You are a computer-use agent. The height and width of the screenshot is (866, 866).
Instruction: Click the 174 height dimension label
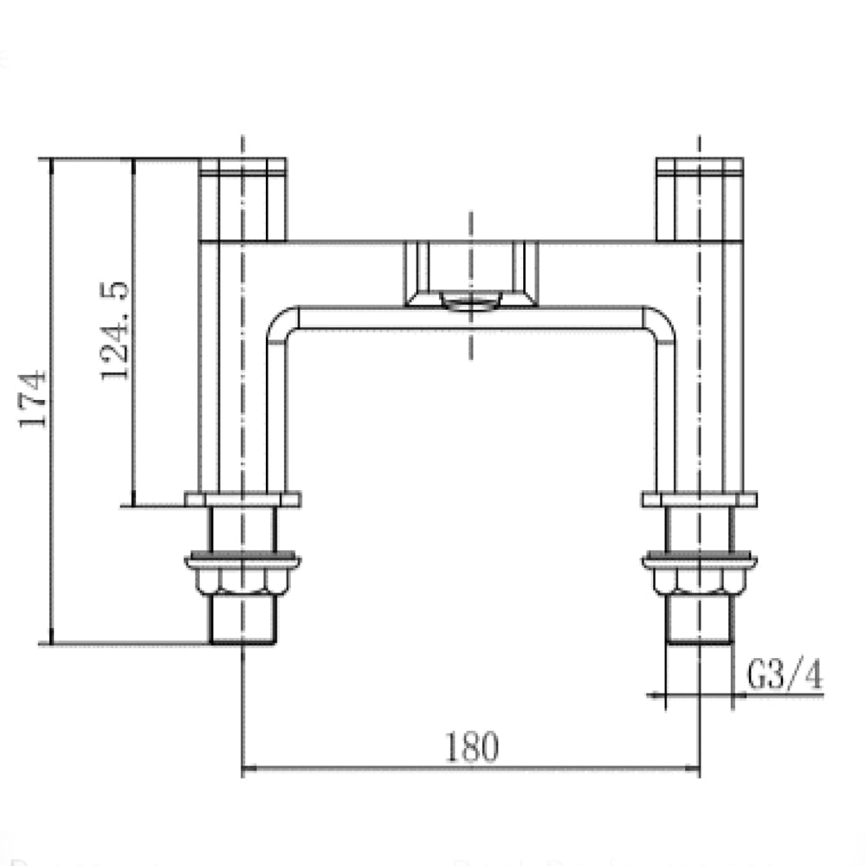32,398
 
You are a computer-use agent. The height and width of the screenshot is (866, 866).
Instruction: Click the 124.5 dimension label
115,329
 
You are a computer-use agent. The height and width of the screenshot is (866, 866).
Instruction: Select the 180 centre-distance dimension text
472,747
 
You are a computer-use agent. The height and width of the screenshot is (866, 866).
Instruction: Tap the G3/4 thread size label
785,676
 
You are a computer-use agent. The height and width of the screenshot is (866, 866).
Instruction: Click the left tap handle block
242,198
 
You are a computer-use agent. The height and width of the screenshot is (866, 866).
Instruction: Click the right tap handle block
700,198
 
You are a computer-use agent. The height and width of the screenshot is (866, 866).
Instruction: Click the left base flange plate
242,499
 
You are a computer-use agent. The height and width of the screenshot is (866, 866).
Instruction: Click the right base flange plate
700,499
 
